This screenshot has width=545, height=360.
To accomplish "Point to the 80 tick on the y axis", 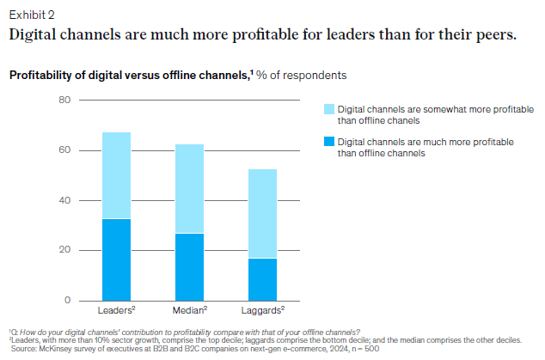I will pyautogui.click(x=64, y=101).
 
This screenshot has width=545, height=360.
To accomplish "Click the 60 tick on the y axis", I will pyautogui.click(x=64, y=150).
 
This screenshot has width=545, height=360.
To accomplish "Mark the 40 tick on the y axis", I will pyautogui.click(x=64, y=200).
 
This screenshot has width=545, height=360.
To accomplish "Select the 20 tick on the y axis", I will pyautogui.click(x=64, y=250).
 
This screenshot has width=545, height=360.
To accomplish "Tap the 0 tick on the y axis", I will pyautogui.click(x=66, y=300).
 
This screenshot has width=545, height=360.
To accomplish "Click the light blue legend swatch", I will pyautogui.click(x=328, y=109).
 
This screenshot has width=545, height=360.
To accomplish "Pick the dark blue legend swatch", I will pyautogui.click(x=328, y=141).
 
